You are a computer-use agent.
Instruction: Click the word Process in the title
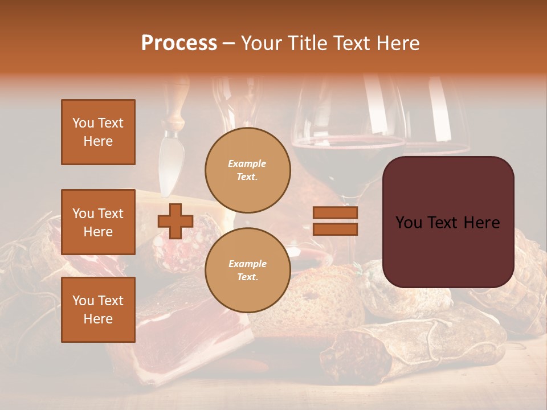pos(179,43)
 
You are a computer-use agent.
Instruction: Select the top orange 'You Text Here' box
pos(98,132)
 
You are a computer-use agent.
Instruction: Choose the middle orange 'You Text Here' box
pos(98,222)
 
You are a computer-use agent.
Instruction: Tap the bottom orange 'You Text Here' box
pos(98,310)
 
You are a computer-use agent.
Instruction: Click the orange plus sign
pos(175,221)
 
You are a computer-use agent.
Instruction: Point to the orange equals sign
pos(335,221)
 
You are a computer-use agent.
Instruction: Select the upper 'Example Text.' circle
pos(247,170)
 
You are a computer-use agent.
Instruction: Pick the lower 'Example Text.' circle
pos(247,270)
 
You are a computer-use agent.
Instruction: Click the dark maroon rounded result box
pos(448,222)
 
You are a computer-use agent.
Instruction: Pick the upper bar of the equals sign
pos(335,213)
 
